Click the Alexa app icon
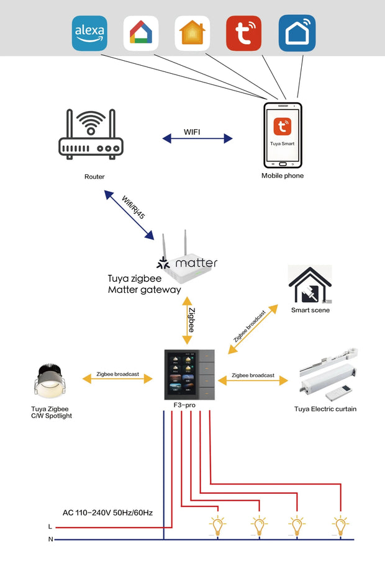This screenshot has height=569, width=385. (90, 33)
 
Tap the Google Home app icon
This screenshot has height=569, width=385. (141, 33)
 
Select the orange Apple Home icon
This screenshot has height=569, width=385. (192, 33)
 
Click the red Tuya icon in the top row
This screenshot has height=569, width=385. (243, 33)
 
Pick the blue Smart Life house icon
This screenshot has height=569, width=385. (296, 33)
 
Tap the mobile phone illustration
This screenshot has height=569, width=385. (283, 135)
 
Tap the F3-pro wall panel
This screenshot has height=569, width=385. (189, 374)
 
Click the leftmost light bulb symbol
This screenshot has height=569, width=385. (217, 526)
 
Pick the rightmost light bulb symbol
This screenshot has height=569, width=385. (339, 526)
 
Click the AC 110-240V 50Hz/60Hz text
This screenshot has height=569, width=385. (107, 513)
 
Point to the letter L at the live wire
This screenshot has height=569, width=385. (50, 526)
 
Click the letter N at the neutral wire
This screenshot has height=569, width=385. (50, 539)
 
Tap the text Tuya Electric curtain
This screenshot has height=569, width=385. (325, 409)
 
